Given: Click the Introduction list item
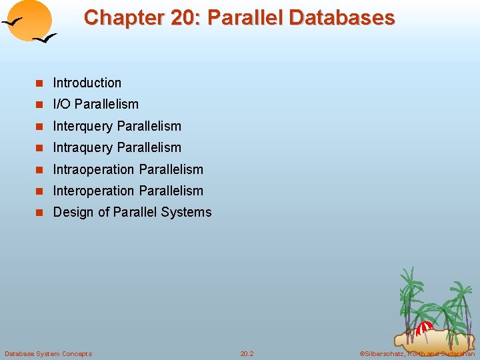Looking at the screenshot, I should click(x=87, y=83).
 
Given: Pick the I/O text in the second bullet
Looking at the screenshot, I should click(x=63, y=104).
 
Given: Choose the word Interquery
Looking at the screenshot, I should click(x=83, y=126).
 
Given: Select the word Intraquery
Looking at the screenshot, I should click(x=83, y=147).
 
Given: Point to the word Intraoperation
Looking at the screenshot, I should click(x=94, y=169).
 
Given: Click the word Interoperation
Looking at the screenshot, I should click(x=94, y=191).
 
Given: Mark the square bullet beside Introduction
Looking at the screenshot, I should click(x=39, y=83).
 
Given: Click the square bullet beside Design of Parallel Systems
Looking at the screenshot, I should click(x=39, y=213).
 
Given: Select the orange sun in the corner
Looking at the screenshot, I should click(x=32, y=19).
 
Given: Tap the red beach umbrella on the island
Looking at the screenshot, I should click(x=424, y=327).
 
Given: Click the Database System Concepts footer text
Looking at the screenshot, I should click(x=48, y=353).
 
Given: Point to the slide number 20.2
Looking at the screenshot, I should click(x=247, y=353).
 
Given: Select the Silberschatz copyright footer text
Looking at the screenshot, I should click(x=417, y=353).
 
